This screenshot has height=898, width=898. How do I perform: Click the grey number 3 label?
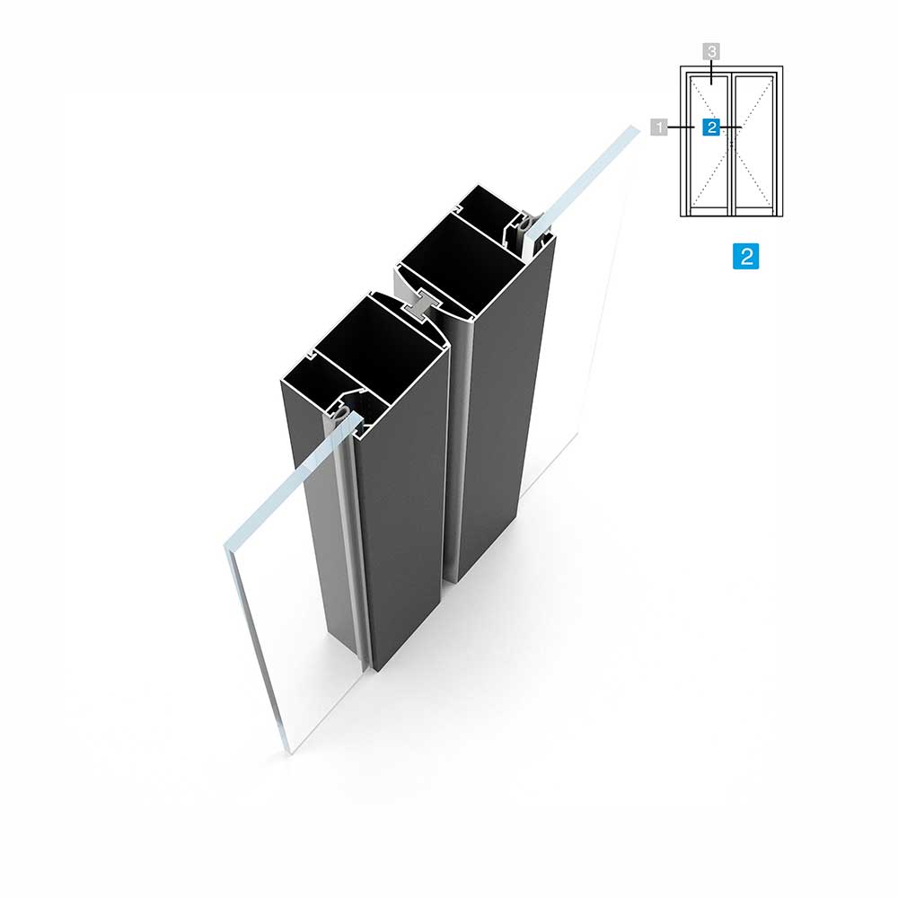click(x=711, y=51)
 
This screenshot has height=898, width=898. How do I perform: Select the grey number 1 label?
click(x=659, y=127)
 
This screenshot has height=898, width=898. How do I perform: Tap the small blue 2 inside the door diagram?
click(x=711, y=127)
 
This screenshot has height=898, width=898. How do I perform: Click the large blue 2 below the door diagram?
click(x=745, y=256)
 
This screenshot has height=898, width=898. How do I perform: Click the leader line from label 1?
click(x=682, y=127)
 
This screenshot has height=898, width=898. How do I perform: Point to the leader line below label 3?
click(x=711, y=72)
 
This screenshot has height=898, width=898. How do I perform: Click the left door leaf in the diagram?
click(x=709, y=145)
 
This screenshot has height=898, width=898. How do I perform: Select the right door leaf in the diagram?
click(x=754, y=145)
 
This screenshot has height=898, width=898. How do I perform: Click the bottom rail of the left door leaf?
click(x=709, y=211)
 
